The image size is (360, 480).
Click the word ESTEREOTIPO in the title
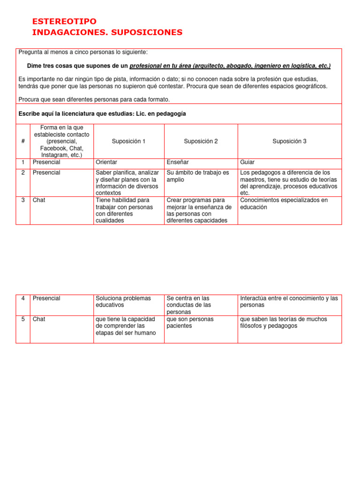click(64, 22)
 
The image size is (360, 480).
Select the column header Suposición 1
click(129, 141)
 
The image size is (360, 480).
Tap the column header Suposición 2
click(201, 141)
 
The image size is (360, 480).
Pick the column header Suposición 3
click(289, 141)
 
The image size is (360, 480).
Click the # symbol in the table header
click(23, 141)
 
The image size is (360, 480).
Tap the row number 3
click(23, 200)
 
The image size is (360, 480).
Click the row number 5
click(23, 319)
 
